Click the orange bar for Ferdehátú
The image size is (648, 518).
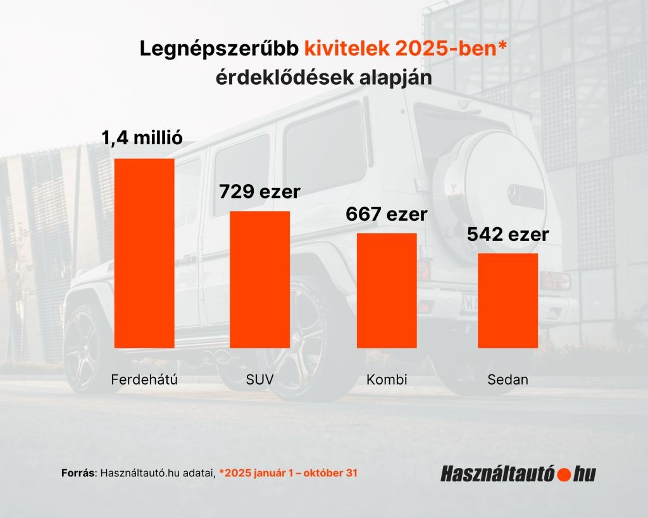pyautogui.click(x=144, y=253)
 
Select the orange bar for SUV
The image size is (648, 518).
pyautogui.click(x=259, y=279)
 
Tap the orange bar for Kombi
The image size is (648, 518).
pyautogui.click(x=387, y=290)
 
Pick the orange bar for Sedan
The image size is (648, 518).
pyautogui.click(x=508, y=300)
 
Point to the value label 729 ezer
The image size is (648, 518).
pyautogui.click(x=259, y=191)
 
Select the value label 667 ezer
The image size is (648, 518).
pyautogui.click(x=387, y=214)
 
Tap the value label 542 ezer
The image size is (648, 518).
pyautogui.click(x=508, y=235)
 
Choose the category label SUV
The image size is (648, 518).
pyautogui.click(x=259, y=380)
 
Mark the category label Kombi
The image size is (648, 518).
pyautogui.click(x=387, y=380)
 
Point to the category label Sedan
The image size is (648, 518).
pyautogui.click(x=508, y=380)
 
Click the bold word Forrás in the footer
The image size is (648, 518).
pyautogui.click(x=78, y=472)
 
